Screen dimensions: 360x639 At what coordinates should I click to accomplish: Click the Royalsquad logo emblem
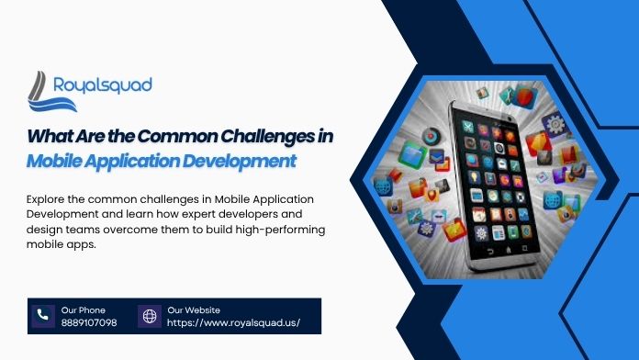coord(43,90)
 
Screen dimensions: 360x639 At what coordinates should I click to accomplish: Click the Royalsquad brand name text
coord(103,85)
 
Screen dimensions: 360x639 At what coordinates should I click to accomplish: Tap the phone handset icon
coord(41,316)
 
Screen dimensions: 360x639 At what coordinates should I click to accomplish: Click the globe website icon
coord(149,316)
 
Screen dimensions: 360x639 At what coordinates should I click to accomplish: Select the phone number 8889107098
coord(89,323)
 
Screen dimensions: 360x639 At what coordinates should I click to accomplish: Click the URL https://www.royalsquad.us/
coord(233,323)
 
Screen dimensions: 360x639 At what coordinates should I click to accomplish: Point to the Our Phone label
coord(84,309)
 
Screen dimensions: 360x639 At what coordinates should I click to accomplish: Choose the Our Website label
coord(194,309)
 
